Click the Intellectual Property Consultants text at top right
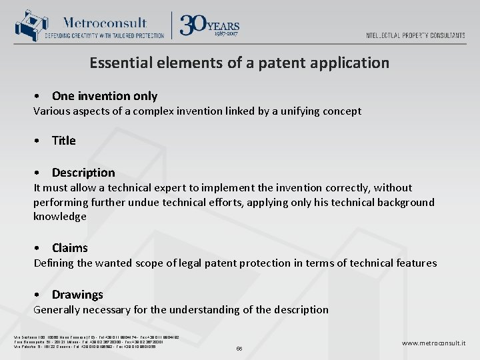point(415,35)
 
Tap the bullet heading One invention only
point(105,96)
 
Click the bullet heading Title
point(64,141)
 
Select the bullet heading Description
point(83,173)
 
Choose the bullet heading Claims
point(70,248)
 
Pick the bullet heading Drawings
point(77,295)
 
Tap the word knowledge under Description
point(60,217)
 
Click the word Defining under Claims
point(55,263)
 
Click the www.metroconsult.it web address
point(433,343)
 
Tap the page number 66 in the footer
point(240,348)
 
